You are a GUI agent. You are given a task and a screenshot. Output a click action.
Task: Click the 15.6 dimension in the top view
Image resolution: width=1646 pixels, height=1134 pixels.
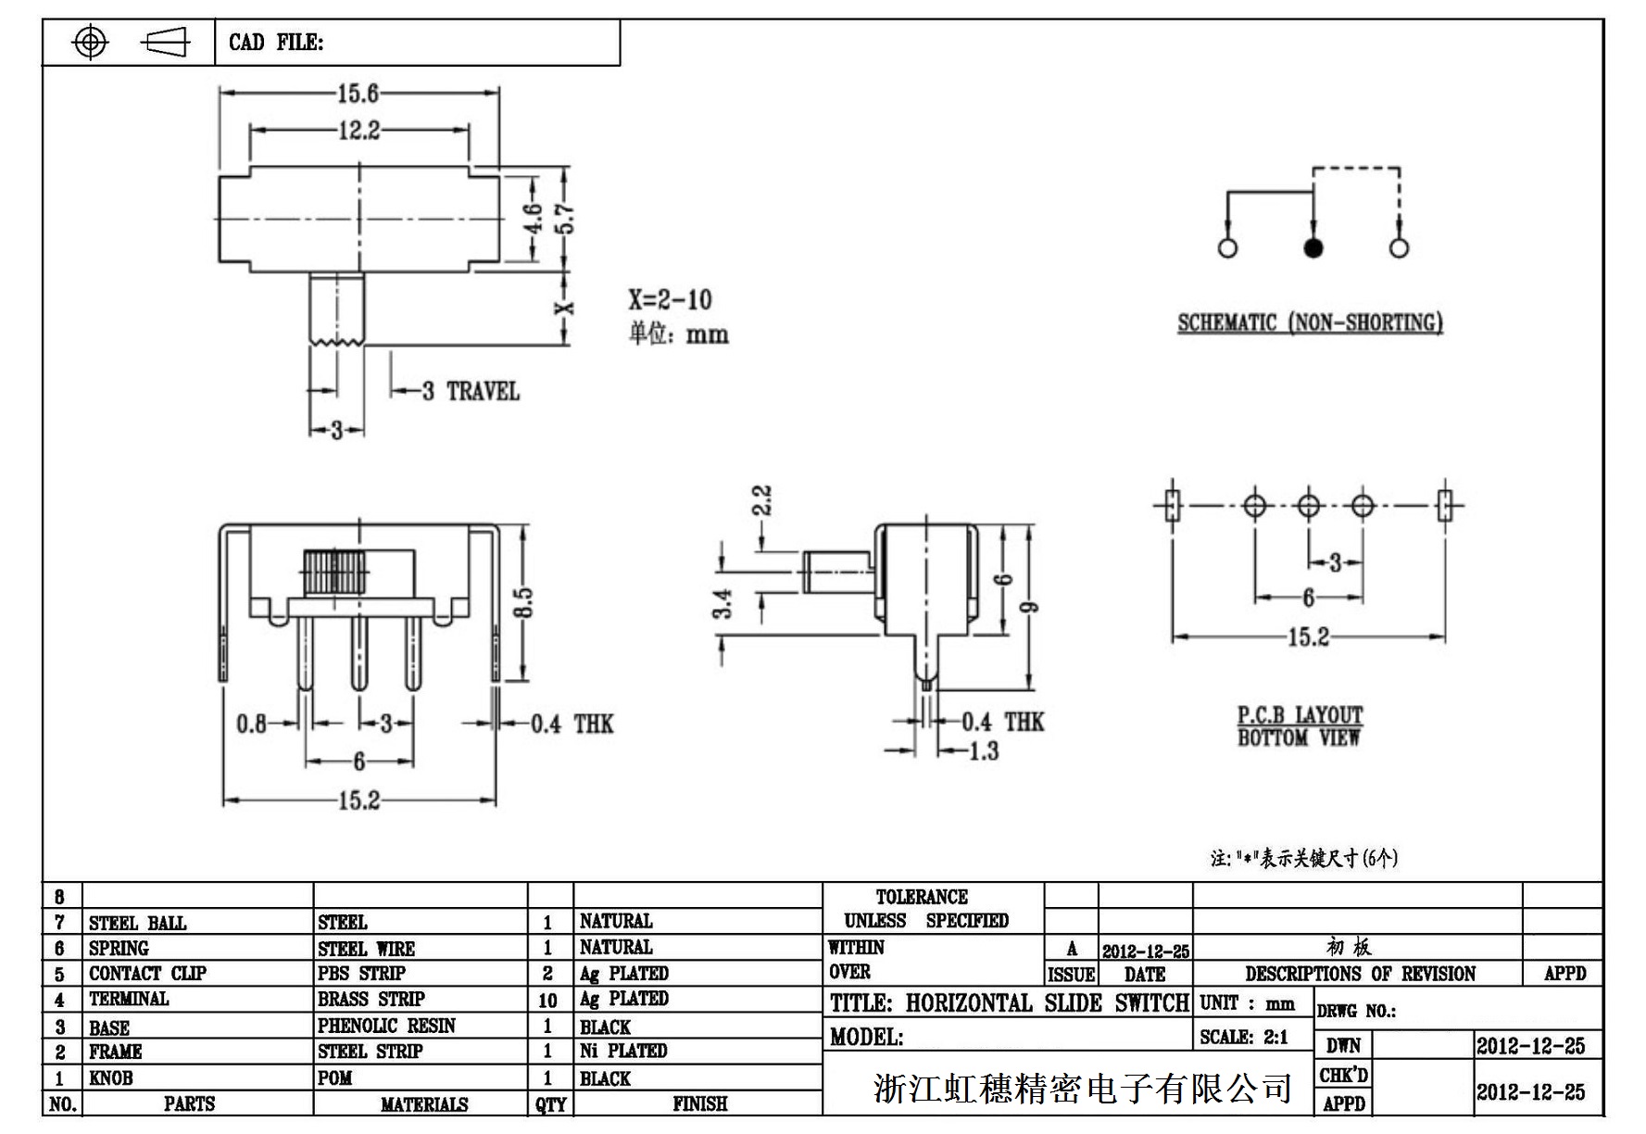coord(358,94)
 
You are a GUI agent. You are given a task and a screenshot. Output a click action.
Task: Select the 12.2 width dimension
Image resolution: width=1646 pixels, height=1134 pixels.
coord(358,131)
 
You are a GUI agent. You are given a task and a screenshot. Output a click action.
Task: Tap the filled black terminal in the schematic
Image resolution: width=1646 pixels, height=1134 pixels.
coord(1313,248)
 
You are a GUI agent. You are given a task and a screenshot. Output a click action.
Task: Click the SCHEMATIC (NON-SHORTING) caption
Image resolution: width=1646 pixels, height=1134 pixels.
coord(1310,322)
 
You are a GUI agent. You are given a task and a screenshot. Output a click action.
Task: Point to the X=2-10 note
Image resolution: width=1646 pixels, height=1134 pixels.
coord(670,299)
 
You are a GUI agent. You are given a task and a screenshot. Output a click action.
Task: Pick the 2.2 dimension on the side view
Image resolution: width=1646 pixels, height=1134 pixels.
coord(761,500)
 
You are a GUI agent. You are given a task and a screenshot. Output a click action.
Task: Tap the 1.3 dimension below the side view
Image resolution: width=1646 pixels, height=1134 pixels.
coord(983,750)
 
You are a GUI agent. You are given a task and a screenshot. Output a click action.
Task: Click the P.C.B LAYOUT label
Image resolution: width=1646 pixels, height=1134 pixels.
coord(1300,715)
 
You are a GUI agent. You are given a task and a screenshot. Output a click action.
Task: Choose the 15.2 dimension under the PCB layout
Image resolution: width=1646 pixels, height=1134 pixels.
coord(1308,637)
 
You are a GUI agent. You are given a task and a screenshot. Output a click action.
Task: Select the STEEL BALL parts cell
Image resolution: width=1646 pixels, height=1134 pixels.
coord(137,923)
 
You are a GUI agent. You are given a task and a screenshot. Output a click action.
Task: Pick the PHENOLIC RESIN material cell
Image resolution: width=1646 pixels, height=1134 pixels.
coord(386,1026)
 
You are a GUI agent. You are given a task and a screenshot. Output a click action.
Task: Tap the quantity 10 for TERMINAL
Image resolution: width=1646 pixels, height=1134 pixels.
coord(547,1001)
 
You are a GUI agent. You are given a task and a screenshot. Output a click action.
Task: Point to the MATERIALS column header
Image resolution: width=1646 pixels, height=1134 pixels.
coord(423,1104)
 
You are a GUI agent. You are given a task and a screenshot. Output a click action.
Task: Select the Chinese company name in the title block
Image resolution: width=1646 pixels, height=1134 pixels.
coord(1082,1089)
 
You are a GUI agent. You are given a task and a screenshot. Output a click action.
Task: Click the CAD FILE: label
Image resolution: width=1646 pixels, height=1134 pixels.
coord(276,43)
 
